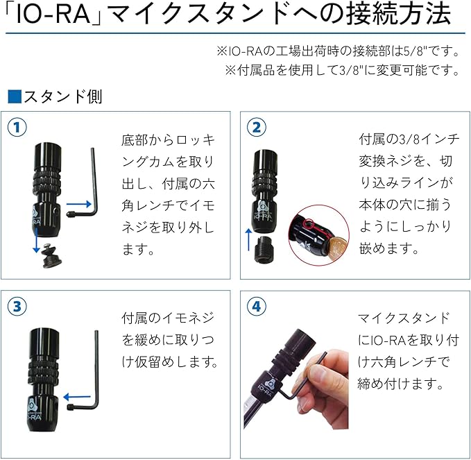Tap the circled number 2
click(x=257, y=127)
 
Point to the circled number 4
click(x=257, y=305)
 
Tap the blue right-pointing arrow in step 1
click(x=78, y=203)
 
